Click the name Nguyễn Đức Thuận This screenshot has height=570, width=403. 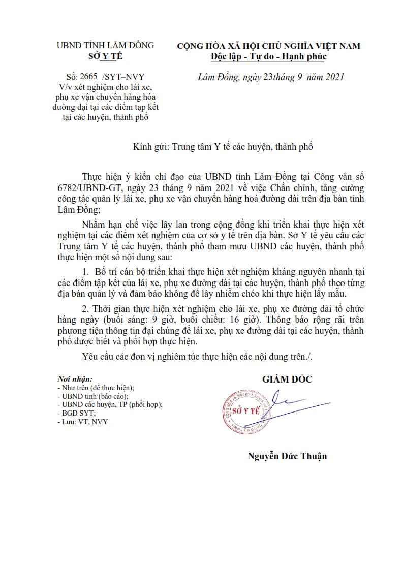click(287, 456)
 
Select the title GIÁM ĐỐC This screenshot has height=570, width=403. click(287, 379)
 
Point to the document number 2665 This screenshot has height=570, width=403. click(88, 77)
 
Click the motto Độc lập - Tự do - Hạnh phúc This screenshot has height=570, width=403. click(268, 56)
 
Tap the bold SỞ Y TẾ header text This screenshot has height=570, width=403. click(105, 56)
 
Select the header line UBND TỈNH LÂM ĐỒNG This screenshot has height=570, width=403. click(105, 45)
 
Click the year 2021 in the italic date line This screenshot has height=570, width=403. click(334, 77)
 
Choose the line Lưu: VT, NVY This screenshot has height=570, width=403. click(84, 422)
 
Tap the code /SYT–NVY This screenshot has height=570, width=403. click(123, 77)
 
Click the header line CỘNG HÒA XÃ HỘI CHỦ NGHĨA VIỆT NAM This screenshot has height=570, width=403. click(268, 46)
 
